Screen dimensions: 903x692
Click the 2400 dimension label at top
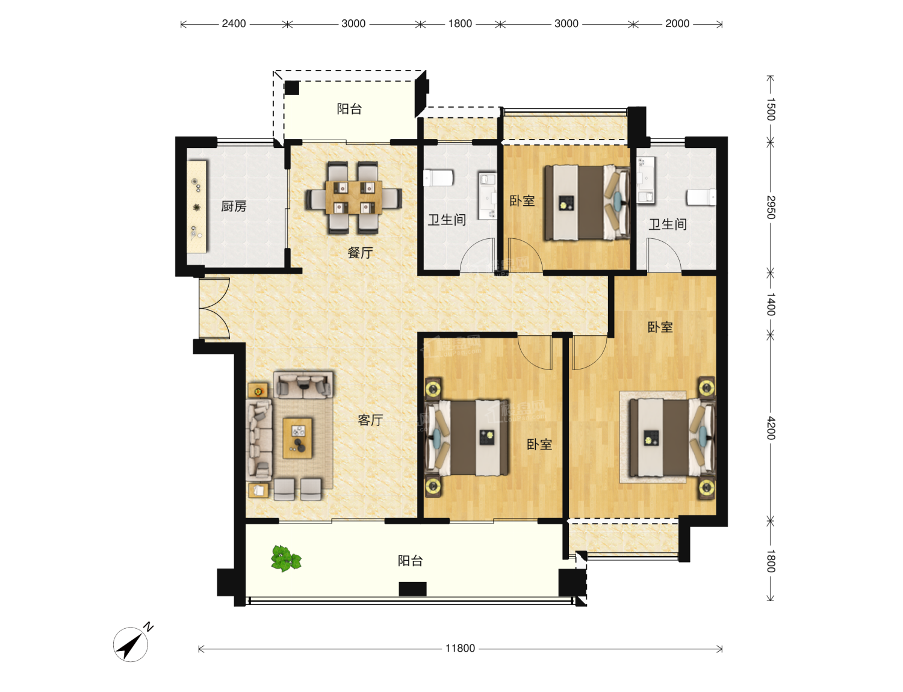(x=234, y=23)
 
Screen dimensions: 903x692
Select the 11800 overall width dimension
(x=460, y=649)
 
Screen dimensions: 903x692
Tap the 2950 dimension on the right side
(x=771, y=208)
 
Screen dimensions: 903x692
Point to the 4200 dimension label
(x=771, y=428)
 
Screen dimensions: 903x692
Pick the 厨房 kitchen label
(x=234, y=206)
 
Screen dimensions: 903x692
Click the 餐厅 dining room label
(x=360, y=253)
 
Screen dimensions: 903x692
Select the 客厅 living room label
(x=370, y=421)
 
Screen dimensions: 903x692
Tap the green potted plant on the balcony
(x=286, y=558)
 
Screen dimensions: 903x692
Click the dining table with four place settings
(x=353, y=197)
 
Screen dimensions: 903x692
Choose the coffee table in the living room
(x=297, y=438)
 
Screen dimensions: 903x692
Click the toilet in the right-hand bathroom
(x=701, y=197)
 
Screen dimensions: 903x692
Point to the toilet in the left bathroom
(x=438, y=178)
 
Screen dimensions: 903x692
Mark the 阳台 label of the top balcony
(x=350, y=109)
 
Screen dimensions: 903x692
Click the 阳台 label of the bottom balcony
(x=411, y=561)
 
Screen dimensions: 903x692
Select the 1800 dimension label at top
(x=460, y=23)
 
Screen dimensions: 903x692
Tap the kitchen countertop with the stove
(x=197, y=206)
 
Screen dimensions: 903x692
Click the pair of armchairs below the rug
(x=297, y=489)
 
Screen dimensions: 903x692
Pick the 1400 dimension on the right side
(x=771, y=304)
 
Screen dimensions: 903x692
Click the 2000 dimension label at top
(x=677, y=23)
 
